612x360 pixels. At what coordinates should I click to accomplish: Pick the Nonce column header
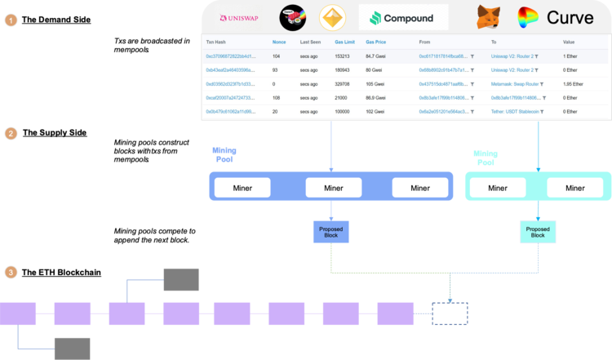(x=279, y=41)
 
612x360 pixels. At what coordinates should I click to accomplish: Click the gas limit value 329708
(x=343, y=83)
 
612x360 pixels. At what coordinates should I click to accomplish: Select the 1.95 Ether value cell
(x=574, y=83)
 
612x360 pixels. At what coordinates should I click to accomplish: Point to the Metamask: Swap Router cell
(x=517, y=83)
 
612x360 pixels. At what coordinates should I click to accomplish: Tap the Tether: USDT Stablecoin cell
(x=519, y=110)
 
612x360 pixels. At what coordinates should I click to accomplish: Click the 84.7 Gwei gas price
(x=376, y=56)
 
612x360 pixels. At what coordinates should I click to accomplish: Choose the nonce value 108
(x=277, y=97)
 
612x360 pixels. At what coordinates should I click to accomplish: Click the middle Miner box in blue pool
(x=333, y=188)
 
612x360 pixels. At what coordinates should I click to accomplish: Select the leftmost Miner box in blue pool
(x=242, y=188)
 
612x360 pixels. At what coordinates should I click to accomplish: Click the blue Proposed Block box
(x=330, y=232)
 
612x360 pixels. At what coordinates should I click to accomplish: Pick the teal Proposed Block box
(x=539, y=232)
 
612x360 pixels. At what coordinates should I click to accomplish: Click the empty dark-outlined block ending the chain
(x=450, y=313)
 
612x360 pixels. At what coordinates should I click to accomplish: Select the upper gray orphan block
(x=180, y=279)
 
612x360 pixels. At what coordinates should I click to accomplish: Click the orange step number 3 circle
(x=11, y=272)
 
